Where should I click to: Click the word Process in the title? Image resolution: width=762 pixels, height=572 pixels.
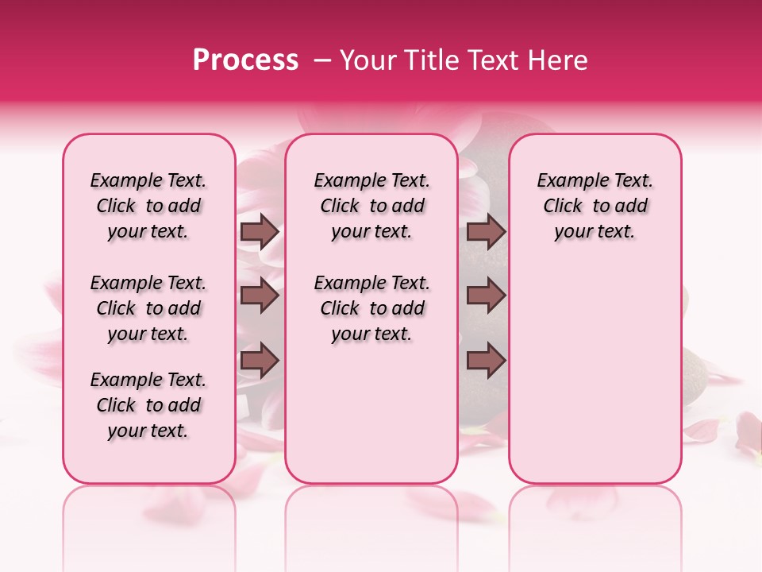(x=245, y=60)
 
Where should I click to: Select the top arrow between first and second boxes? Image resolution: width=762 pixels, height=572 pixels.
(x=260, y=232)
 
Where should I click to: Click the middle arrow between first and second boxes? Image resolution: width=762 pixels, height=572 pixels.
(x=260, y=296)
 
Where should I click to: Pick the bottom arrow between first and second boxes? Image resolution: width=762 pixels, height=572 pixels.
(x=260, y=361)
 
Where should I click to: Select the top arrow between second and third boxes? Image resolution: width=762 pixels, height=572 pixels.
(x=486, y=232)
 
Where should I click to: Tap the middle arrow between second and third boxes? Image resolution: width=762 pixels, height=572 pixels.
(x=486, y=296)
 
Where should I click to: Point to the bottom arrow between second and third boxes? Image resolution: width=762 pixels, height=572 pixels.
(x=486, y=361)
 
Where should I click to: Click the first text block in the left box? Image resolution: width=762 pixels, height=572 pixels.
(x=148, y=206)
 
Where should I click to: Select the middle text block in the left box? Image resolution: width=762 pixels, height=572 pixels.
(x=148, y=308)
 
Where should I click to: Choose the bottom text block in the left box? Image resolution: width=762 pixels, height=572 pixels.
(x=148, y=405)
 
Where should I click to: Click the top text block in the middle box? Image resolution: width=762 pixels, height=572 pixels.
(x=371, y=206)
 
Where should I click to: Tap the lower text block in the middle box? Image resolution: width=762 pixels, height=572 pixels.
(x=371, y=308)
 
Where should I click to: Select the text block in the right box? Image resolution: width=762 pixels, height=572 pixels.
(x=595, y=206)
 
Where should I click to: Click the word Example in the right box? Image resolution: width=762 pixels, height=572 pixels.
(x=568, y=181)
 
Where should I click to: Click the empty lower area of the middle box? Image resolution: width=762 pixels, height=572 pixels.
(x=371, y=413)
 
